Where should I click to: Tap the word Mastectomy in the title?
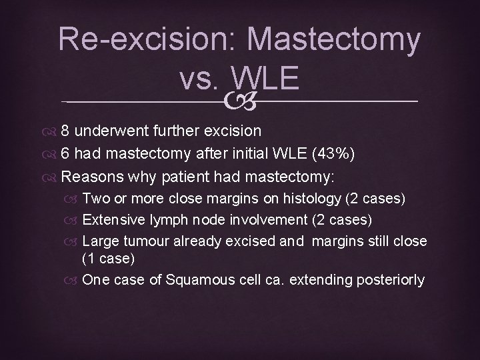(333, 41)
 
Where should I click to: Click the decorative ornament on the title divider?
(240, 102)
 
